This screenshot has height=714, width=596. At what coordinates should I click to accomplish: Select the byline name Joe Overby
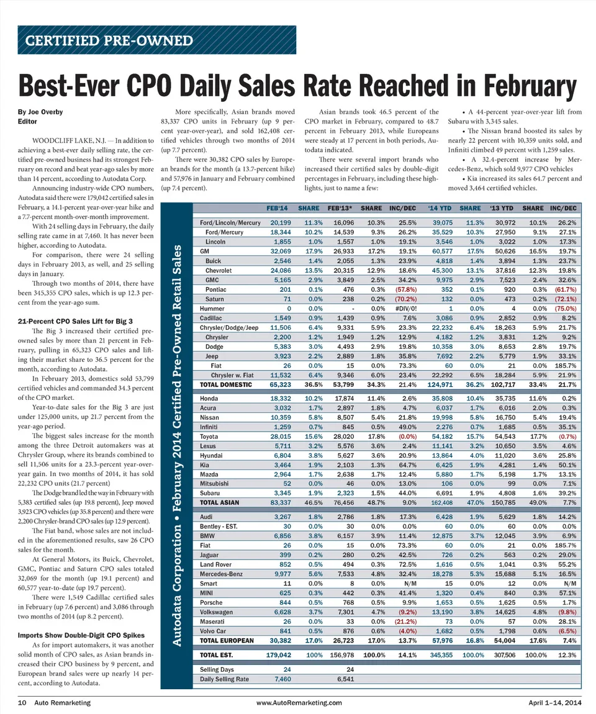38,112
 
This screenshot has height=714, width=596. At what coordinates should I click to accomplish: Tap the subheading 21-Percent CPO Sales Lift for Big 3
76,321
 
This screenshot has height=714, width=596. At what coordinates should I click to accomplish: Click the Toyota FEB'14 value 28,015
276,437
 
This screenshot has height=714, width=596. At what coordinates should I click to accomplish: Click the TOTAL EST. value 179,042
274,655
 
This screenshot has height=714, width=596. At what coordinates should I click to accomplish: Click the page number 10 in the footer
22,702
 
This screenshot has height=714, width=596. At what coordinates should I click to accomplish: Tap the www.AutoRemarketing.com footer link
299,702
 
